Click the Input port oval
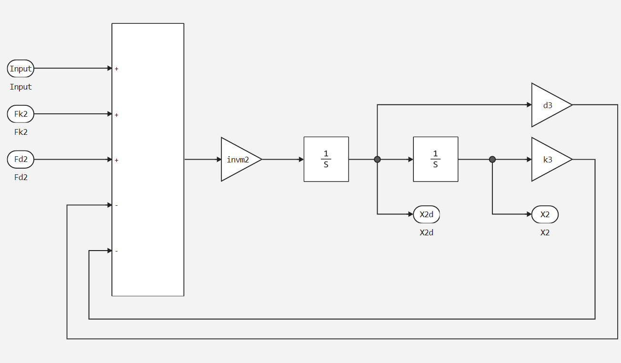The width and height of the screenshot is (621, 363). point(20,69)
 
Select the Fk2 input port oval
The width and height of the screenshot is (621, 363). point(20,114)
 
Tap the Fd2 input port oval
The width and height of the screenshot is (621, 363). point(20,160)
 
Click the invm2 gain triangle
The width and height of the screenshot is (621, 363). point(238,160)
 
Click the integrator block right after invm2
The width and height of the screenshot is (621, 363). point(326,160)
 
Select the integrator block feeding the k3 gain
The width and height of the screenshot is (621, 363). point(435,160)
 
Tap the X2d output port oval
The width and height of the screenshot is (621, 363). point(426,214)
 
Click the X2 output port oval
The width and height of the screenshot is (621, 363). point(545,214)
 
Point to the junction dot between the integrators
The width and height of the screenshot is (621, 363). point(377,160)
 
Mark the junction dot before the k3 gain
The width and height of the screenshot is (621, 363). point(492,160)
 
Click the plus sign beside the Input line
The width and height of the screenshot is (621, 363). point(117,69)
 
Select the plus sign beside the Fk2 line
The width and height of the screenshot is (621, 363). point(117,115)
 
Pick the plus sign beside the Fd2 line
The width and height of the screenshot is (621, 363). point(117,160)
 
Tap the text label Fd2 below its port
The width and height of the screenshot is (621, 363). point(21,177)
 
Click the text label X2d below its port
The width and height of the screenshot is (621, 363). point(426,233)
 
